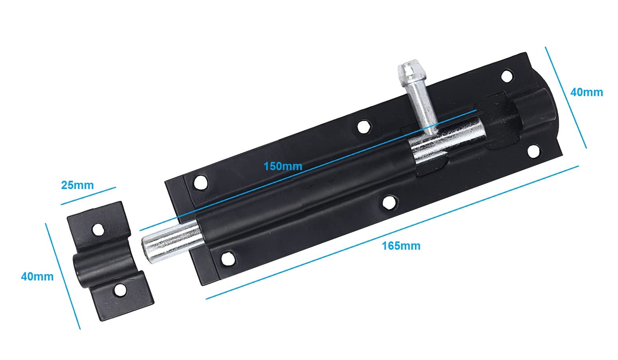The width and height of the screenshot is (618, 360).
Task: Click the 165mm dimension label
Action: (401, 246)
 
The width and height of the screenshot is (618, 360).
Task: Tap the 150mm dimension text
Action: (283, 166)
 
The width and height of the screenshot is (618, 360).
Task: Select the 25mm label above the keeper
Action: (77, 185)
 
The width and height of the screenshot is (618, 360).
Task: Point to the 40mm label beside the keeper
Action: (37, 276)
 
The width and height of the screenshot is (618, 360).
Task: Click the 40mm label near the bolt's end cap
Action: (587, 92)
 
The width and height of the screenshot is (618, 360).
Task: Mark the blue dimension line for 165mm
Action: (392, 232)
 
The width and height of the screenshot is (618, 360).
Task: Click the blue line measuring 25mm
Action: (88, 196)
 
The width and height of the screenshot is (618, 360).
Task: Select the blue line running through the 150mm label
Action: (308, 170)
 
